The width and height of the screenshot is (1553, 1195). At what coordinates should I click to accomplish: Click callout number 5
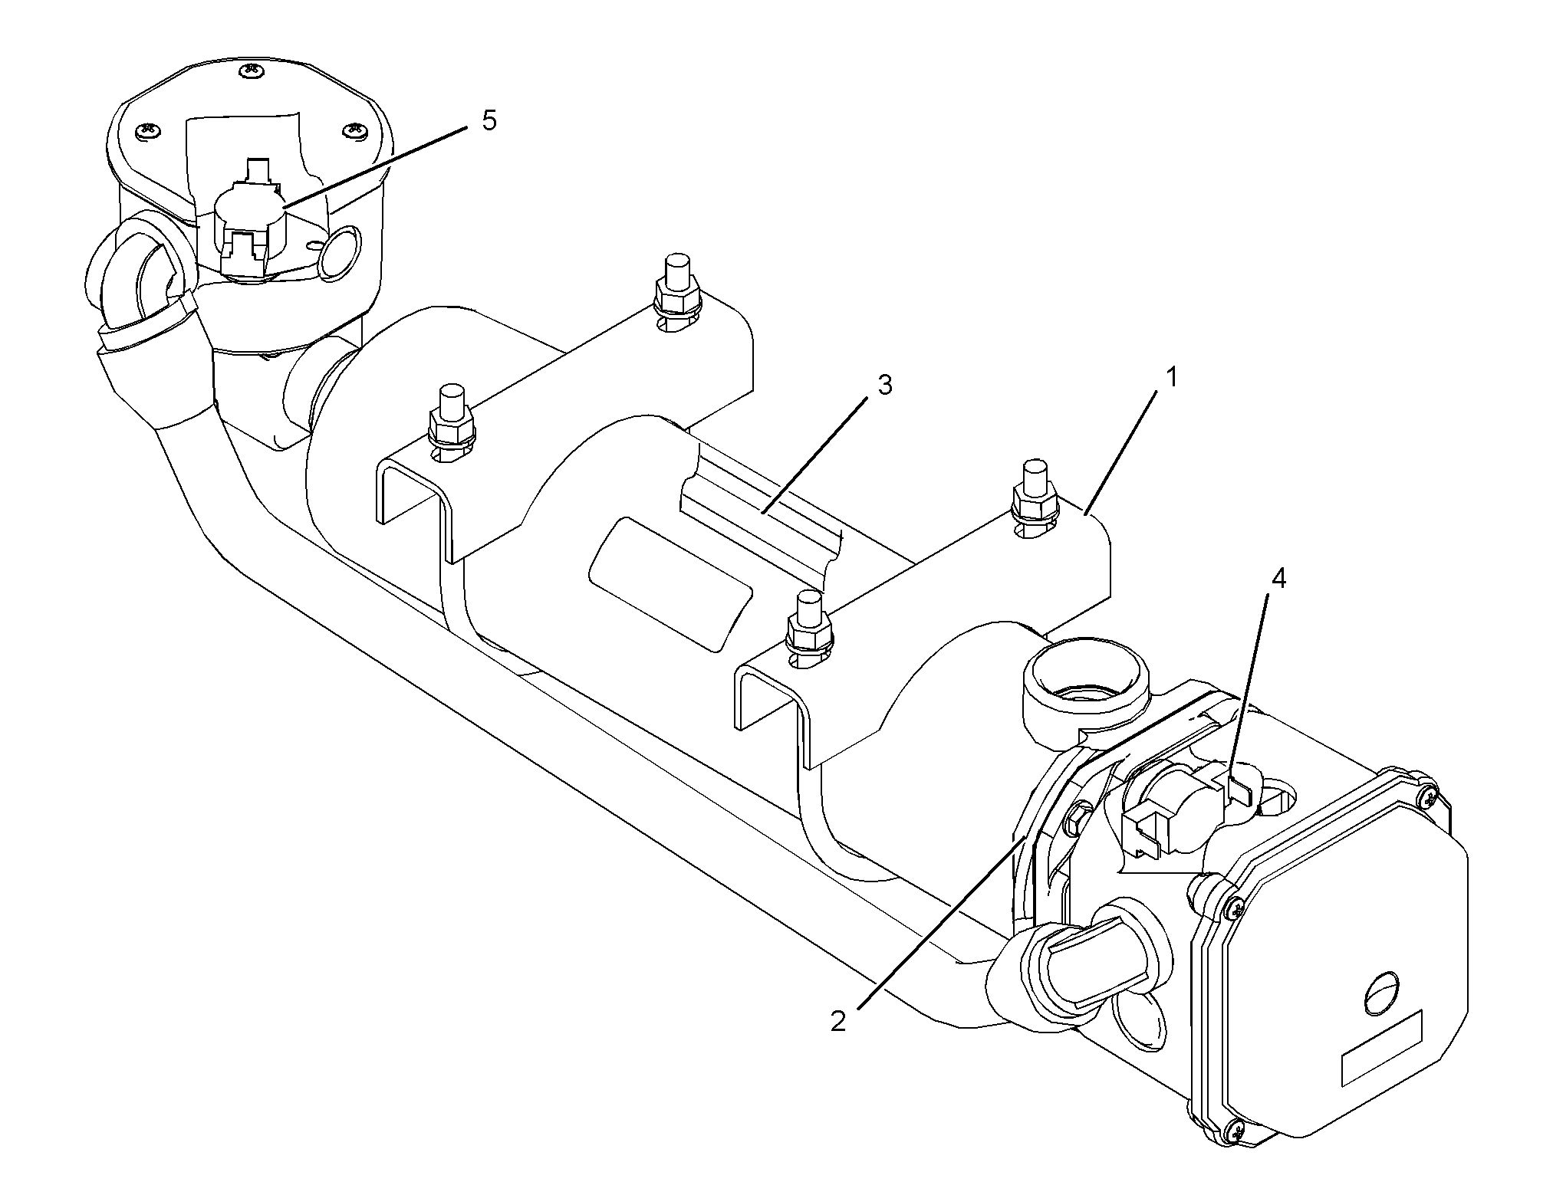click(x=489, y=121)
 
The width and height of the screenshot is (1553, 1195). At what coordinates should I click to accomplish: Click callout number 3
click(x=884, y=386)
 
